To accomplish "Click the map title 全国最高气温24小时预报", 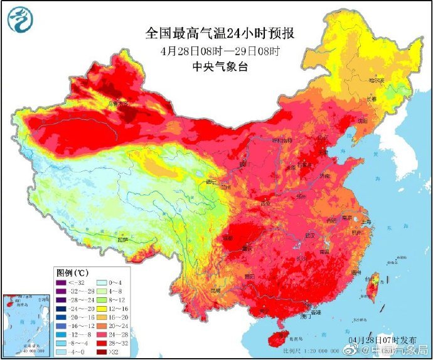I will (216, 33).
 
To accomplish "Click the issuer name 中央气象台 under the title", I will (216, 66).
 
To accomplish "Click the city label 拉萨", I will (124, 240).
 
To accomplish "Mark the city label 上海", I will (368, 222).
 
